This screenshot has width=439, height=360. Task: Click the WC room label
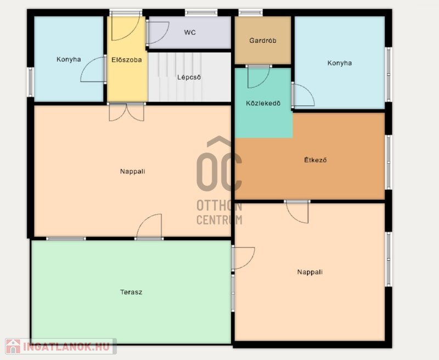pos(190,32)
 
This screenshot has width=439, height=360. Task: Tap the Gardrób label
pos(263,41)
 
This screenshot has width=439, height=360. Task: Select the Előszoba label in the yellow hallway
pos(127,60)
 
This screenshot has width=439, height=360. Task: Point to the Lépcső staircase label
pos(189,77)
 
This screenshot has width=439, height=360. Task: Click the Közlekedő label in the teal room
pos(263,103)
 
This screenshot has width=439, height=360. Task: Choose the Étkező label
pos(315,160)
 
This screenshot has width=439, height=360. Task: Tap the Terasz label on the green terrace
pos(131,292)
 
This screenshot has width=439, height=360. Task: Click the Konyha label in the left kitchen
pos(69,59)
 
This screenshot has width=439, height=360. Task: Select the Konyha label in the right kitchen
pos(339,63)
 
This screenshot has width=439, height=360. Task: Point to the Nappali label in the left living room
pos(132,171)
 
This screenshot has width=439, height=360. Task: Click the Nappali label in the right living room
pos(309,272)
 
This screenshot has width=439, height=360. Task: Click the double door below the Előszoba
pos(127,112)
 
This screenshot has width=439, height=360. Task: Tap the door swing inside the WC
pos(157,33)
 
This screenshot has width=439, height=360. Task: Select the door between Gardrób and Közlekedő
pos(258,77)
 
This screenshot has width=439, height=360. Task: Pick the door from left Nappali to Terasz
pos(149,226)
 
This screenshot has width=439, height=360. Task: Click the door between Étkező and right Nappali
pos(297,212)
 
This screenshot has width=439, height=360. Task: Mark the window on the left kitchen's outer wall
pos(31,82)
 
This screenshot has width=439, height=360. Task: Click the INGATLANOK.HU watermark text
pos(66,347)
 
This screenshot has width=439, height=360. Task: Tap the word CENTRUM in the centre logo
pos(219,220)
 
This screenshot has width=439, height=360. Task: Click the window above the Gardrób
pos(250,12)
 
